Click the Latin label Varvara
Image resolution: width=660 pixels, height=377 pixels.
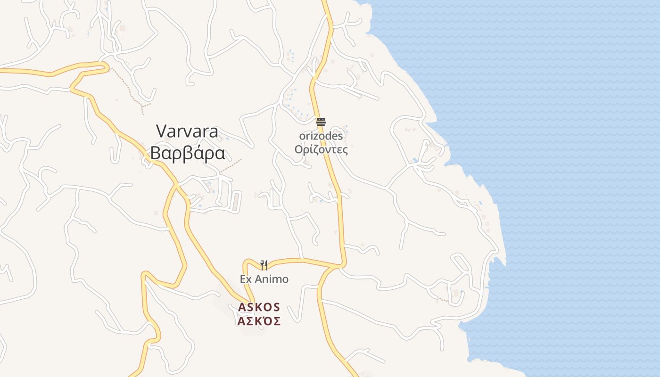pos(187,131)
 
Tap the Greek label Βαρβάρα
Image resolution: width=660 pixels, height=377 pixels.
pos(187,154)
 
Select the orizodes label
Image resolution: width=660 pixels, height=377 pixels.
pos(321,136)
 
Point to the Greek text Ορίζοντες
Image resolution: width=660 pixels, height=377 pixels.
pos(321,149)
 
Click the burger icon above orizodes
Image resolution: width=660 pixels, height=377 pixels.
pos(321,123)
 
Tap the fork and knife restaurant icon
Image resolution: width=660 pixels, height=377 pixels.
pos(264,265)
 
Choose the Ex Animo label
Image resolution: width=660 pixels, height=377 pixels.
pos(264,279)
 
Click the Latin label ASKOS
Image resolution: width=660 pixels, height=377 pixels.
pos(259,307)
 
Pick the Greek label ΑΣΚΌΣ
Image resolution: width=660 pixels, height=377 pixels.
pos(259,321)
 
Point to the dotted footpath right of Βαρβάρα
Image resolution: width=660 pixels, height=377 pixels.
pos(231,164)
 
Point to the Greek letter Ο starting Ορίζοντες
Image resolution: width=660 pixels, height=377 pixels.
pos(298,149)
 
